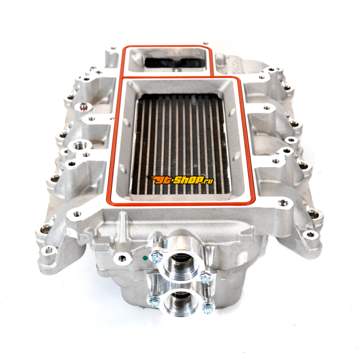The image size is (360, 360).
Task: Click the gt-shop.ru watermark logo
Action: (180, 180)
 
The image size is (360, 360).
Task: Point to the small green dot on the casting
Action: (144, 257)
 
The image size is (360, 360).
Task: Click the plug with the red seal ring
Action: (83, 106)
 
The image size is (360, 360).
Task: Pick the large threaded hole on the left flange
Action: (81, 145)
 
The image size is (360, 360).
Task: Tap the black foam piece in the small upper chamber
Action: (175, 63)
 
